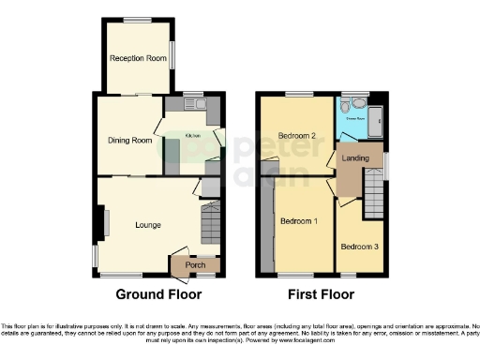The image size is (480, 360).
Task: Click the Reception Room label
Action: pos(138,59)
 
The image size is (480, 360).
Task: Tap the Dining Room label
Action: pos(128,141)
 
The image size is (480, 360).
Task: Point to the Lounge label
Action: pos(147,225)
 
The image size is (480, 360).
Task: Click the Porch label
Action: pos(196,265)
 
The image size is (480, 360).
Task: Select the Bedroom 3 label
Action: pos(360,247)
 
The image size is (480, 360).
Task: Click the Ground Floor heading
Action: pos(158,294)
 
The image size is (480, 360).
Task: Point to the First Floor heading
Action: pos(314,294)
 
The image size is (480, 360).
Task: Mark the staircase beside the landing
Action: pos(373,199)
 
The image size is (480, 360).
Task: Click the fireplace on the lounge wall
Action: pos(106,225)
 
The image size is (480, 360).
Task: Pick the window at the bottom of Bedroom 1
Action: pos(298,277)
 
